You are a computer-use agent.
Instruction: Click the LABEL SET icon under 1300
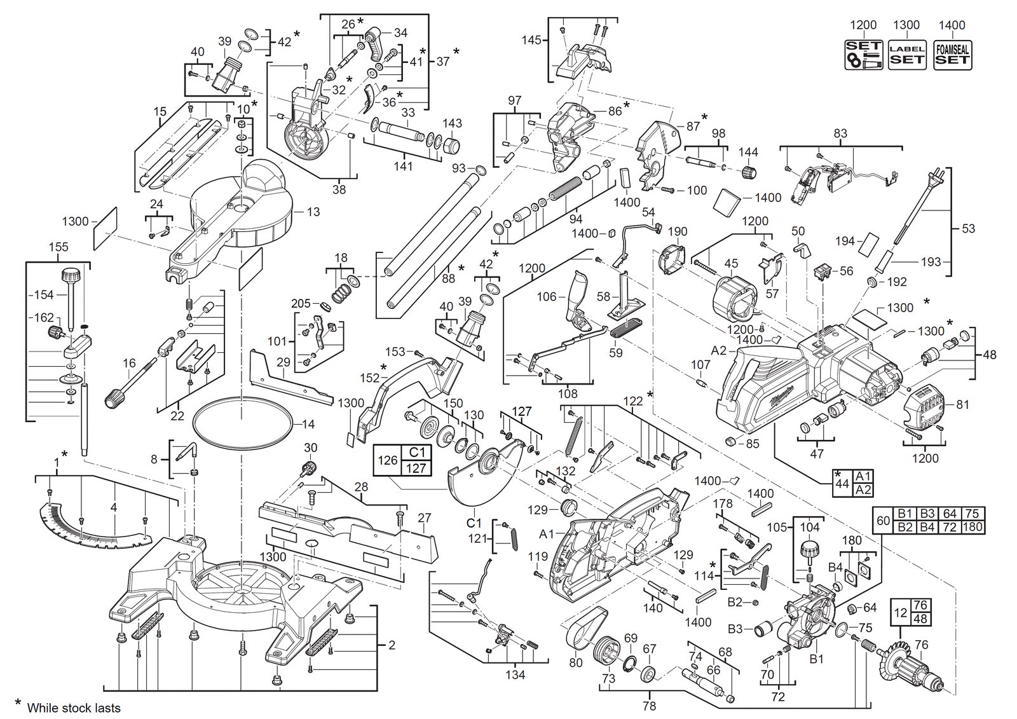pyautogui.click(x=906, y=55)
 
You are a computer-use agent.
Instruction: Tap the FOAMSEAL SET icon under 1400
pyautogui.click(x=953, y=55)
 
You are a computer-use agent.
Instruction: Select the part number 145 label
pyautogui.click(x=531, y=41)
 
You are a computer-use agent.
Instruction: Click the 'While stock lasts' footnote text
pyautogui.click(x=74, y=708)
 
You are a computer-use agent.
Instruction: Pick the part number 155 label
pyautogui.click(x=58, y=247)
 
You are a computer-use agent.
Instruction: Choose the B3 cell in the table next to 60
pyautogui.click(x=927, y=514)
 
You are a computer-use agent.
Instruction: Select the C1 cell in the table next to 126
pyautogui.click(x=416, y=453)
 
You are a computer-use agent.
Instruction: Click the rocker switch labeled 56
pyautogui.click(x=823, y=271)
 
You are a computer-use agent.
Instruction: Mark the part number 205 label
pyautogui.click(x=301, y=303)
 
